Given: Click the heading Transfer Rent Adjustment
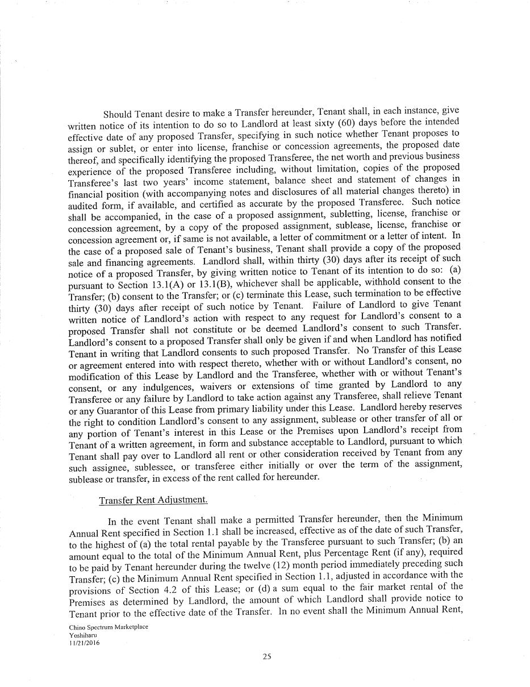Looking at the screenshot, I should [153, 499].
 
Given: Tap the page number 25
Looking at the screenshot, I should [267, 657].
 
